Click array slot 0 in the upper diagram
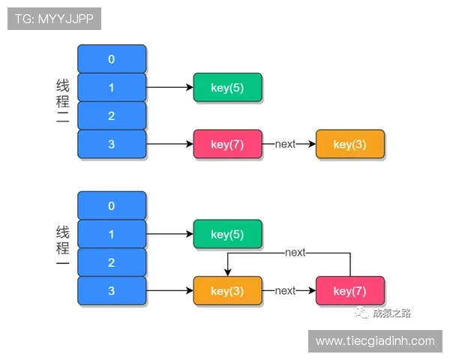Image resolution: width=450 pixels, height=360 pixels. pyautogui.click(x=112, y=59)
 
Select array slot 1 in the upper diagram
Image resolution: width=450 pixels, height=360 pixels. pyautogui.click(x=112, y=88)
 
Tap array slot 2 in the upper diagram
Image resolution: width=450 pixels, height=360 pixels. pyautogui.click(x=112, y=115)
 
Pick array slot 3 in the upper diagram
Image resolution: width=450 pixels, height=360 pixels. pyautogui.click(x=112, y=144)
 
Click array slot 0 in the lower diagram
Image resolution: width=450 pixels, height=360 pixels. pyautogui.click(x=112, y=205)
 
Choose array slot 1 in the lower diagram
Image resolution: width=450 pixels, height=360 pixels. pyautogui.click(x=112, y=234)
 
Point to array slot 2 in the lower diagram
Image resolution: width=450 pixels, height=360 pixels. pyautogui.click(x=112, y=262)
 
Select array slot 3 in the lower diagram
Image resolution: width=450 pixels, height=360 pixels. pyautogui.click(x=112, y=291)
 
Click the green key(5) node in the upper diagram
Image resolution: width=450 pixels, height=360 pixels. pyautogui.click(x=227, y=88)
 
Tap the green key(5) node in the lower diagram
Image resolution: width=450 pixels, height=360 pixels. pyautogui.click(x=227, y=234)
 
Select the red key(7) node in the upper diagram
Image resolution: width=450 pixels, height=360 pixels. pyautogui.click(x=227, y=144)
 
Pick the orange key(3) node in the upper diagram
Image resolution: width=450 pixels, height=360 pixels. pyautogui.click(x=350, y=144)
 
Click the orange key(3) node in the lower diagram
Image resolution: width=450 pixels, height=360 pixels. pyautogui.click(x=227, y=291)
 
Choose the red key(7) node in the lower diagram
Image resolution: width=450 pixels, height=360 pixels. pyautogui.click(x=350, y=291)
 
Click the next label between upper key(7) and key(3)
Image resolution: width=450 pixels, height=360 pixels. pyautogui.click(x=285, y=144)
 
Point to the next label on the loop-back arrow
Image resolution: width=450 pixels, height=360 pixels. pyautogui.click(x=295, y=253)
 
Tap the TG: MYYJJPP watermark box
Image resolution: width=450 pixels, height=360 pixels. pyautogui.click(x=54, y=19)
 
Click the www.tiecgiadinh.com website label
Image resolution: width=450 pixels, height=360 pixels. pyautogui.click(x=375, y=341)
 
